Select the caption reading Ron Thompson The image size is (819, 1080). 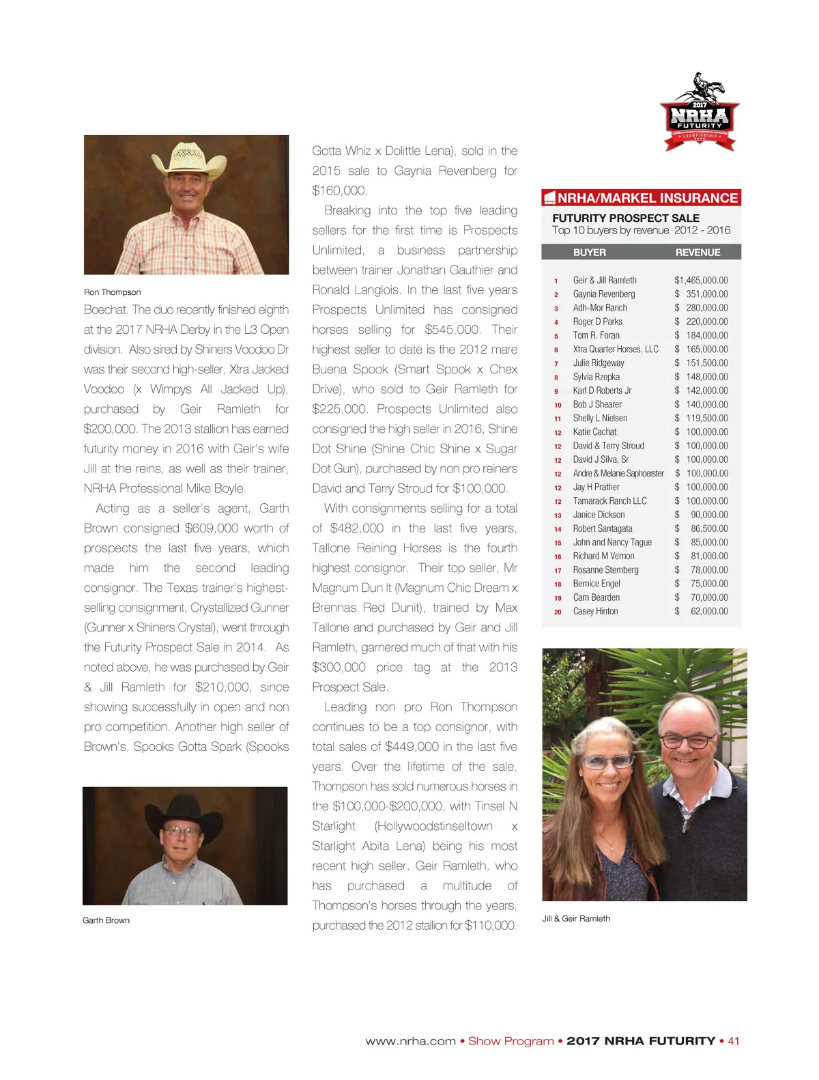[113, 292]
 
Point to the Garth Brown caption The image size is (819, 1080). [106, 920]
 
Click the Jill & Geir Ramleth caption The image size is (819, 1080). [576, 918]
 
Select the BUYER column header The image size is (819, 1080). [589, 253]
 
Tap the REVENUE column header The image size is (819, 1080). [698, 253]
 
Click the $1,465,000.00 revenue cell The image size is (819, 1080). [701, 281]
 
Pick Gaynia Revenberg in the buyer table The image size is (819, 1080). [604, 294]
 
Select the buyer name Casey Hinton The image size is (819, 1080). [595, 612]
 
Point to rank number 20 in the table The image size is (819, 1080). [558, 612]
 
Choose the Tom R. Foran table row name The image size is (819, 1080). [597, 336]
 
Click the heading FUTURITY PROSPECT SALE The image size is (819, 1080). [626, 218]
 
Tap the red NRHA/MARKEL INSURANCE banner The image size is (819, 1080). [642, 198]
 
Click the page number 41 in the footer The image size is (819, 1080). [734, 1041]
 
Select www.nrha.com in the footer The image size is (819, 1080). [410, 1041]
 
